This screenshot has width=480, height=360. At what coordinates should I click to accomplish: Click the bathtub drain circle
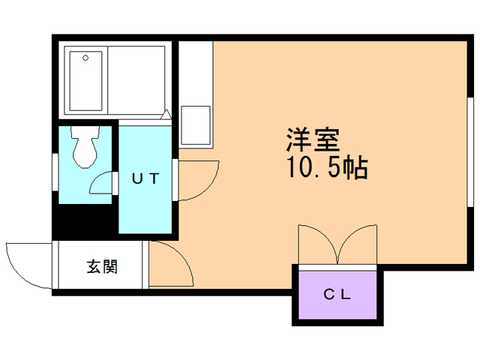[x=85, y=57]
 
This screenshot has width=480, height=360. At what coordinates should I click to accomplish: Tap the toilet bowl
[x=84, y=150]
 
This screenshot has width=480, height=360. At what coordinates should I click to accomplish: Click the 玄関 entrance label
[x=101, y=266]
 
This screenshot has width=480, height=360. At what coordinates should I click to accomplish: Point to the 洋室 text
[x=313, y=141]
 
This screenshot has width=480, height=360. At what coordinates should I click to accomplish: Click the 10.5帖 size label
[x=325, y=168]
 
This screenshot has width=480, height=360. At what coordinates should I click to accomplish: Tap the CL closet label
[x=337, y=294]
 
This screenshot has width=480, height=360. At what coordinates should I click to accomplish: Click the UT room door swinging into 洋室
[x=196, y=180]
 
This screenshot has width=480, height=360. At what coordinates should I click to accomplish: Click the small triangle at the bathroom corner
[x=166, y=113]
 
